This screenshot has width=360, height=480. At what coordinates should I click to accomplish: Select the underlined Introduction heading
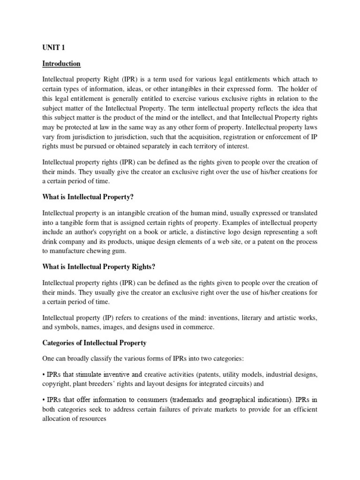click(x=61, y=64)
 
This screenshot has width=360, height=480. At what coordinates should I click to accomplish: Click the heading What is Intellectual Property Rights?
click(x=98, y=267)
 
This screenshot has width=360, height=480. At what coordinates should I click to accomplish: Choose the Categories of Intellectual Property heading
click(x=94, y=343)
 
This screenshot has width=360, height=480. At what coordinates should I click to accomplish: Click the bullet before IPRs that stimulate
click(x=44, y=375)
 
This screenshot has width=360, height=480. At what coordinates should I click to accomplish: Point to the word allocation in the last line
click(x=59, y=419)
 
